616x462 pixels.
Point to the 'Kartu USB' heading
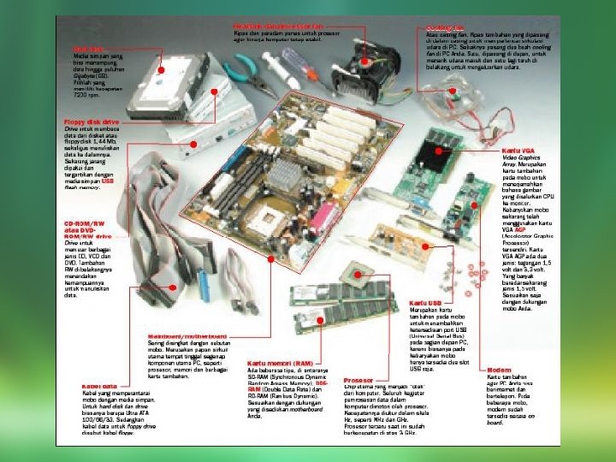425,303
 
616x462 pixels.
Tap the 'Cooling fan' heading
441,27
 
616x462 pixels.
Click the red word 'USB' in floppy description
107,181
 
